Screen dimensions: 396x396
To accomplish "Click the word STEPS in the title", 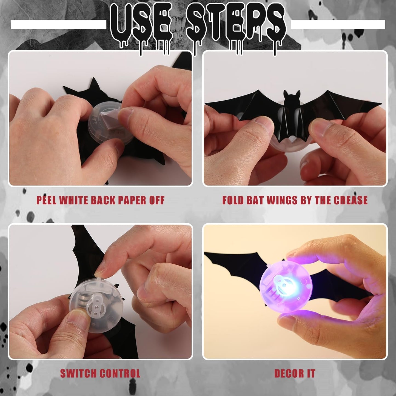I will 236,27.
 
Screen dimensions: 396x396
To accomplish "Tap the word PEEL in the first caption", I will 47,200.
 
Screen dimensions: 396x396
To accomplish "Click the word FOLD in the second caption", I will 233,200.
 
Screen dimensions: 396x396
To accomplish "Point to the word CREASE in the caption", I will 351,200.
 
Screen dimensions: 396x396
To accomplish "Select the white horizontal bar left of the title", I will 58,24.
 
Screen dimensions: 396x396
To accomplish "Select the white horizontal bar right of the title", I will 338,24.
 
